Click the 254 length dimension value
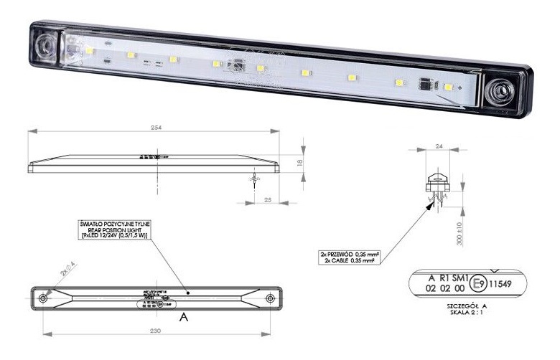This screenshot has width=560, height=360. pos(154,128)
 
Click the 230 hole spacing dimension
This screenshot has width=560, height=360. pos(156,331)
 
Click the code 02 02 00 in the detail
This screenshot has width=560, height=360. pos(447,288)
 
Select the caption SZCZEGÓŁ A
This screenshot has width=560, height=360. pos(467,305)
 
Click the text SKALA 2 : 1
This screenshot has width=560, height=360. pos(467,312)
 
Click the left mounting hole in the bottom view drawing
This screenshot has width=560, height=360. pos(44,298)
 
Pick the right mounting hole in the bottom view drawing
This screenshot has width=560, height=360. pos(270,298)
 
